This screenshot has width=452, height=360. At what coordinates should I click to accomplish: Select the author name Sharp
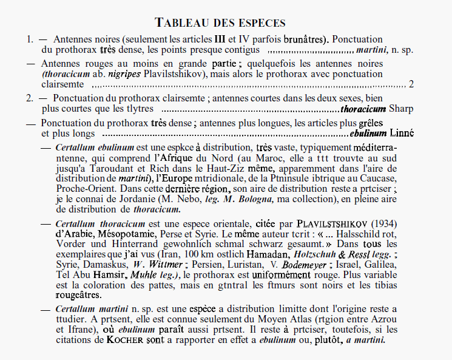pyautogui.click(x=402, y=109)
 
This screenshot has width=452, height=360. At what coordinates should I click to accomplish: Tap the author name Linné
pyautogui.click(x=401, y=134)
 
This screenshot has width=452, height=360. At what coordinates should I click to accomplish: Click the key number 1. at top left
pyautogui.click(x=30, y=39)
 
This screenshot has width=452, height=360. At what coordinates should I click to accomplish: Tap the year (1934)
pyautogui.click(x=382, y=223)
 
